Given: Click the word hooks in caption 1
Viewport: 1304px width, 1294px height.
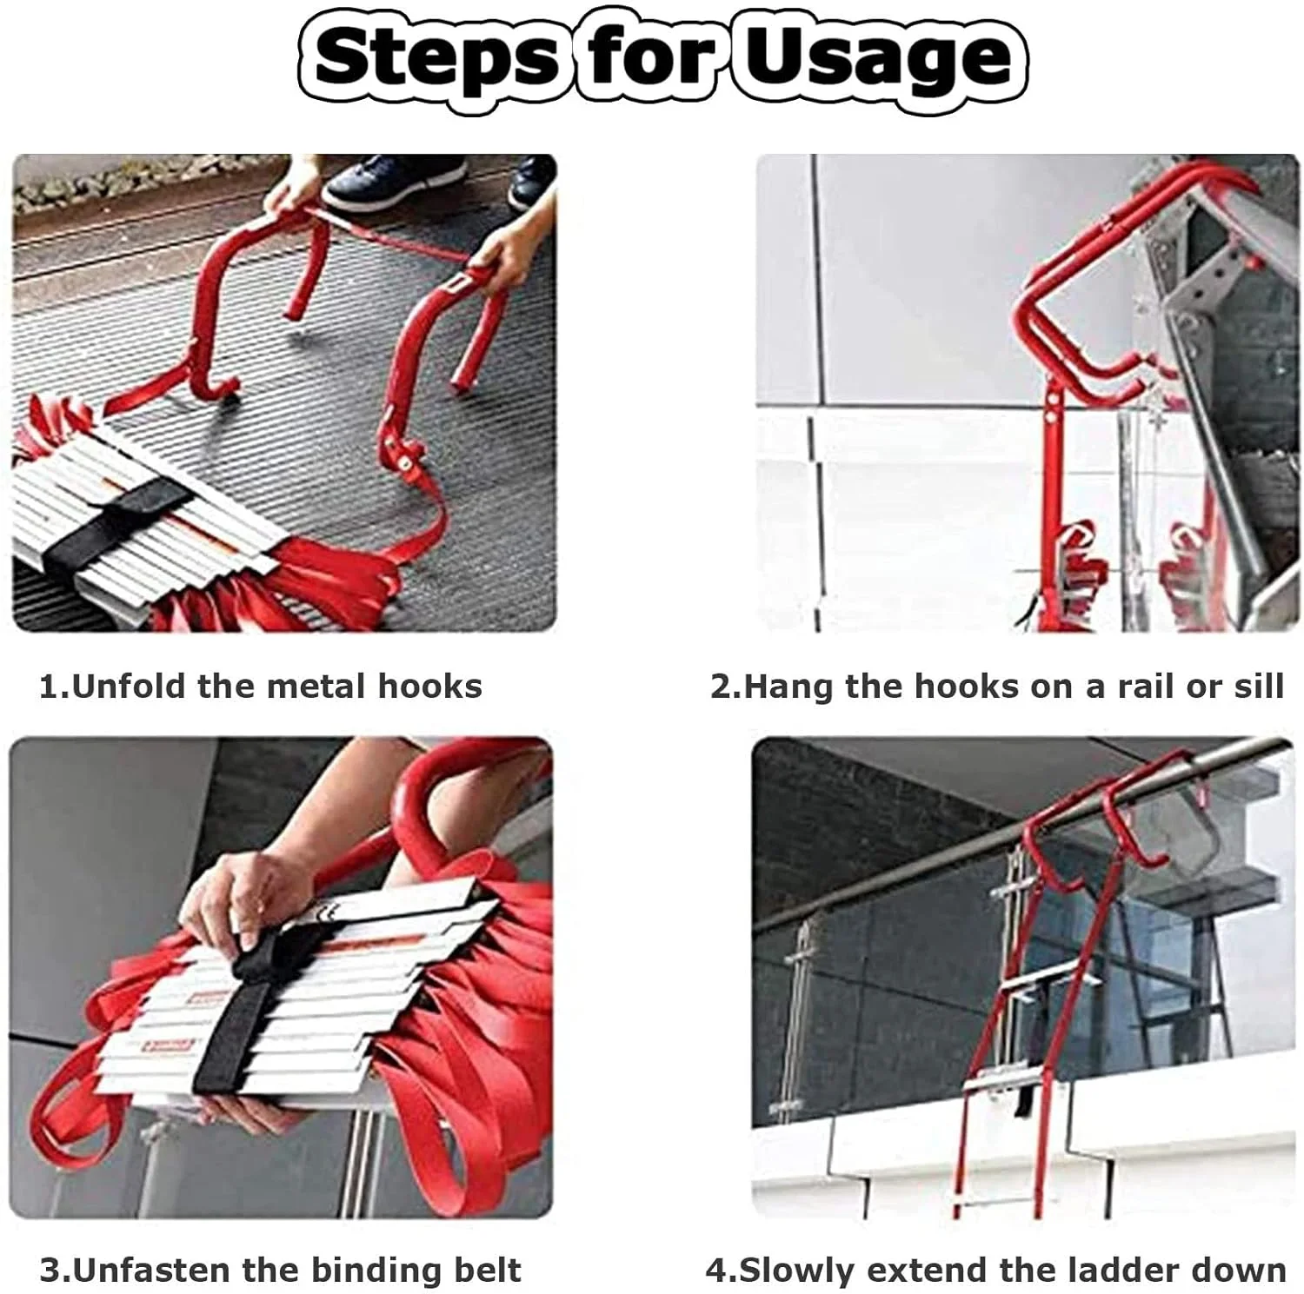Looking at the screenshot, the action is [429, 687].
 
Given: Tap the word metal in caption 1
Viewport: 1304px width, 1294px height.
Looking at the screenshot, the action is [316, 687].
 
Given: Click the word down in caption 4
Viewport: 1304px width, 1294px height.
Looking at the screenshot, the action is [1239, 1270].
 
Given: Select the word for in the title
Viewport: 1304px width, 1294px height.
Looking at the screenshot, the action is [650, 57].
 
